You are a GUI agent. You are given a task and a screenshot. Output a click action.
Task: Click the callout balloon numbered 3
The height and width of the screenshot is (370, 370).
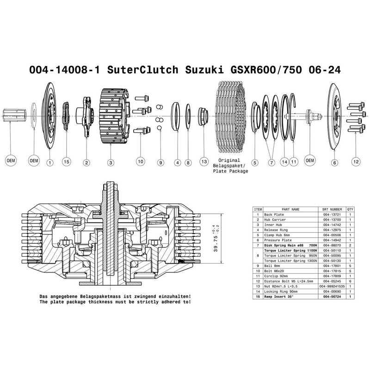[111, 162]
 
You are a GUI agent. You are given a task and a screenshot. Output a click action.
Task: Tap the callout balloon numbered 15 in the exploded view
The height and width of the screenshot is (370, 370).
[66, 162]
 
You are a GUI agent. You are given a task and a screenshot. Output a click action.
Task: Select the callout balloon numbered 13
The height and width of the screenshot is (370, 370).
[203, 162]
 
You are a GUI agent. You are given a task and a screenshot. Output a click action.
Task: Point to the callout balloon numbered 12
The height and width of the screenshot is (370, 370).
[355, 162]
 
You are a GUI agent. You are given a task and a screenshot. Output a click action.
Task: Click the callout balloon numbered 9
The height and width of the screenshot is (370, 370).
[160, 162]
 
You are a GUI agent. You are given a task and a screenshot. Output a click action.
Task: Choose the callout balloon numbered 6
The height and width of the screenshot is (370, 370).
[334, 162]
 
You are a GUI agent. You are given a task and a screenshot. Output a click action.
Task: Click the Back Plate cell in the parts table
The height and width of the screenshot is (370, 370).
[272, 215]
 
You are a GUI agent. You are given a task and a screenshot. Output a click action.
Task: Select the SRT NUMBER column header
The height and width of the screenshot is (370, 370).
[332, 209]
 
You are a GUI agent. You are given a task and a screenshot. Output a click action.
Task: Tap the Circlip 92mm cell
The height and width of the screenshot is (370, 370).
[275, 276]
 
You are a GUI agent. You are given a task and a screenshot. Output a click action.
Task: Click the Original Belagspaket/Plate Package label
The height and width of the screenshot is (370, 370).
[230, 165]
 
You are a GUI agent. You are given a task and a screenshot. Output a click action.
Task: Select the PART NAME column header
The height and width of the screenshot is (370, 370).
[290, 209]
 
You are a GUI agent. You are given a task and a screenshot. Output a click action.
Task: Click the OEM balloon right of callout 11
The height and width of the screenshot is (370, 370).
[311, 160]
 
